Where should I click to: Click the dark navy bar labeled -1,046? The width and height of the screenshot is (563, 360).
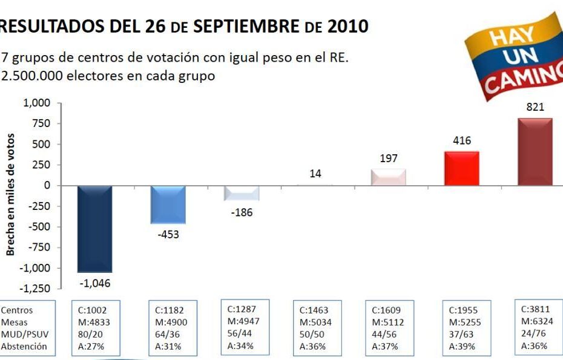tap(95, 229)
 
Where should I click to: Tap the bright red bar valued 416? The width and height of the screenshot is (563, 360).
tap(462, 168)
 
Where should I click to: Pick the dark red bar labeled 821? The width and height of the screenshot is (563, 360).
tap(535, 151)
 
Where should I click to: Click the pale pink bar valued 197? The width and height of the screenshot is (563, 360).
tap(389, 177)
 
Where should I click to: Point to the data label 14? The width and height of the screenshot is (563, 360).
tap(315, 174)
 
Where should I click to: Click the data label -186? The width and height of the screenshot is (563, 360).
tap(242, 213)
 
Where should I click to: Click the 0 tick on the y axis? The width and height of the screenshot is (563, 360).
tap(47, 185)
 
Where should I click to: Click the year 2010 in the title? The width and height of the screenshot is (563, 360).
tap(347, 26)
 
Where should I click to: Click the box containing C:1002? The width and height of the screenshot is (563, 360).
tap(95, 327)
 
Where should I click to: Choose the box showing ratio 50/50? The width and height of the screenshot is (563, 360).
tap(315, 327)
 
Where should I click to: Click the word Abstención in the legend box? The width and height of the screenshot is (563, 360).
tap(24, 346)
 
